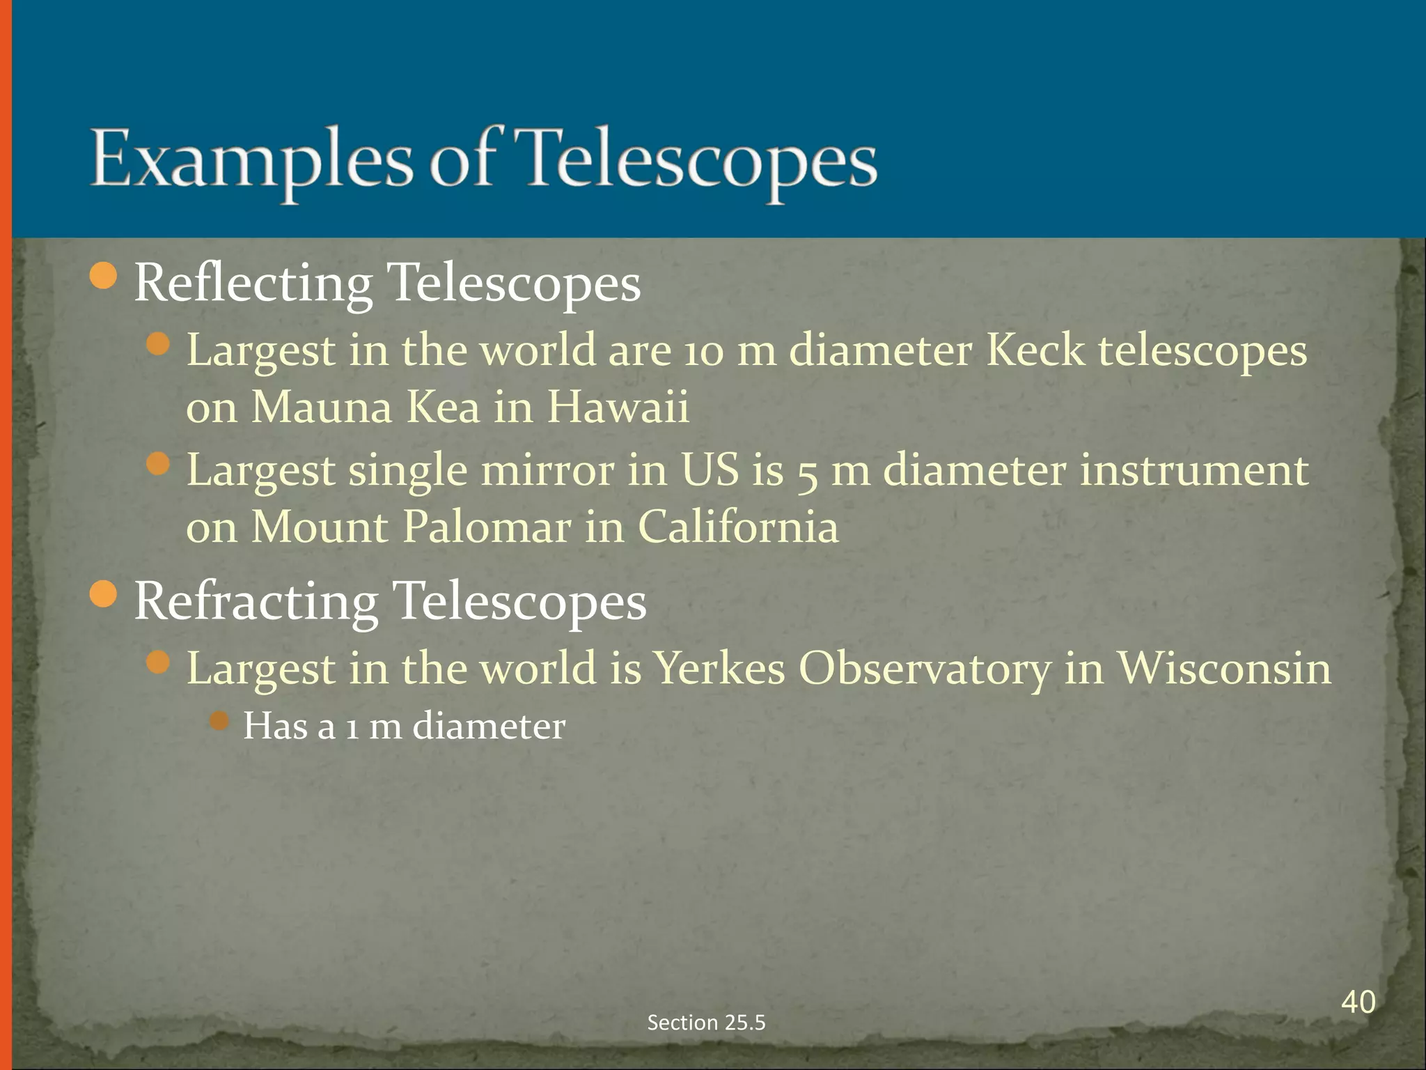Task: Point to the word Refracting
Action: (256, 602)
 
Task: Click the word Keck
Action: (1035, 350)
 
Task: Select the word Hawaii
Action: (618, 407)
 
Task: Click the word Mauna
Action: (321, 407)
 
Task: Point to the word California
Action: (738, 527)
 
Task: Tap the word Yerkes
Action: (720, 669)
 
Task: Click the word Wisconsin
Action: (1224, 669)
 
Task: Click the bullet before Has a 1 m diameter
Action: (219, 720)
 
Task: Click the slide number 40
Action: (1358, 1002)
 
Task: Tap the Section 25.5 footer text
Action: (706, 1022)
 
